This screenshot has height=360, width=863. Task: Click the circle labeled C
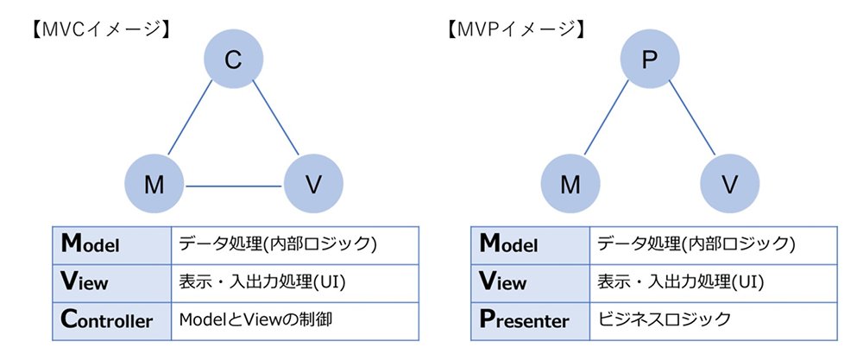[233, 59]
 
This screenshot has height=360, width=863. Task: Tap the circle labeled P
[650, 59]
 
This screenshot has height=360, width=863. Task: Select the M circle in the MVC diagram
[154, 184]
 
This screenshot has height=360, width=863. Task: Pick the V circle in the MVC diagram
[313, 184]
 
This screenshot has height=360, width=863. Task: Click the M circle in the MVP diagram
[570, 184]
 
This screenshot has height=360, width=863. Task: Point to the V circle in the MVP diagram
[729, 184]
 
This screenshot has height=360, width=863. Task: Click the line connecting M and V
[234, 186]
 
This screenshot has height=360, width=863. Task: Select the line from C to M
[190, 117]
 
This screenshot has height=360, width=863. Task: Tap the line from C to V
[276, 117]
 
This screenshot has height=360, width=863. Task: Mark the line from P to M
[606, 117]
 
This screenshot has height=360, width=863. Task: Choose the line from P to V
[692, 117]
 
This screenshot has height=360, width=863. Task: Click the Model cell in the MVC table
[112, 245]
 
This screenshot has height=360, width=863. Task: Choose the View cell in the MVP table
[530, 283]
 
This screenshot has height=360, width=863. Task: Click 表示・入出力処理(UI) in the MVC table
[262, 283]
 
